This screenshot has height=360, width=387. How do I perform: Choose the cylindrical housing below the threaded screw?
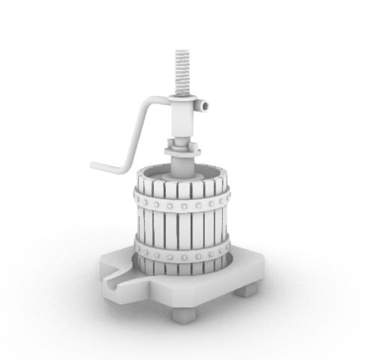(x=183, y=117)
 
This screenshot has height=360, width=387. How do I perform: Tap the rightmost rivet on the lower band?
(x=224, y=247)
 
